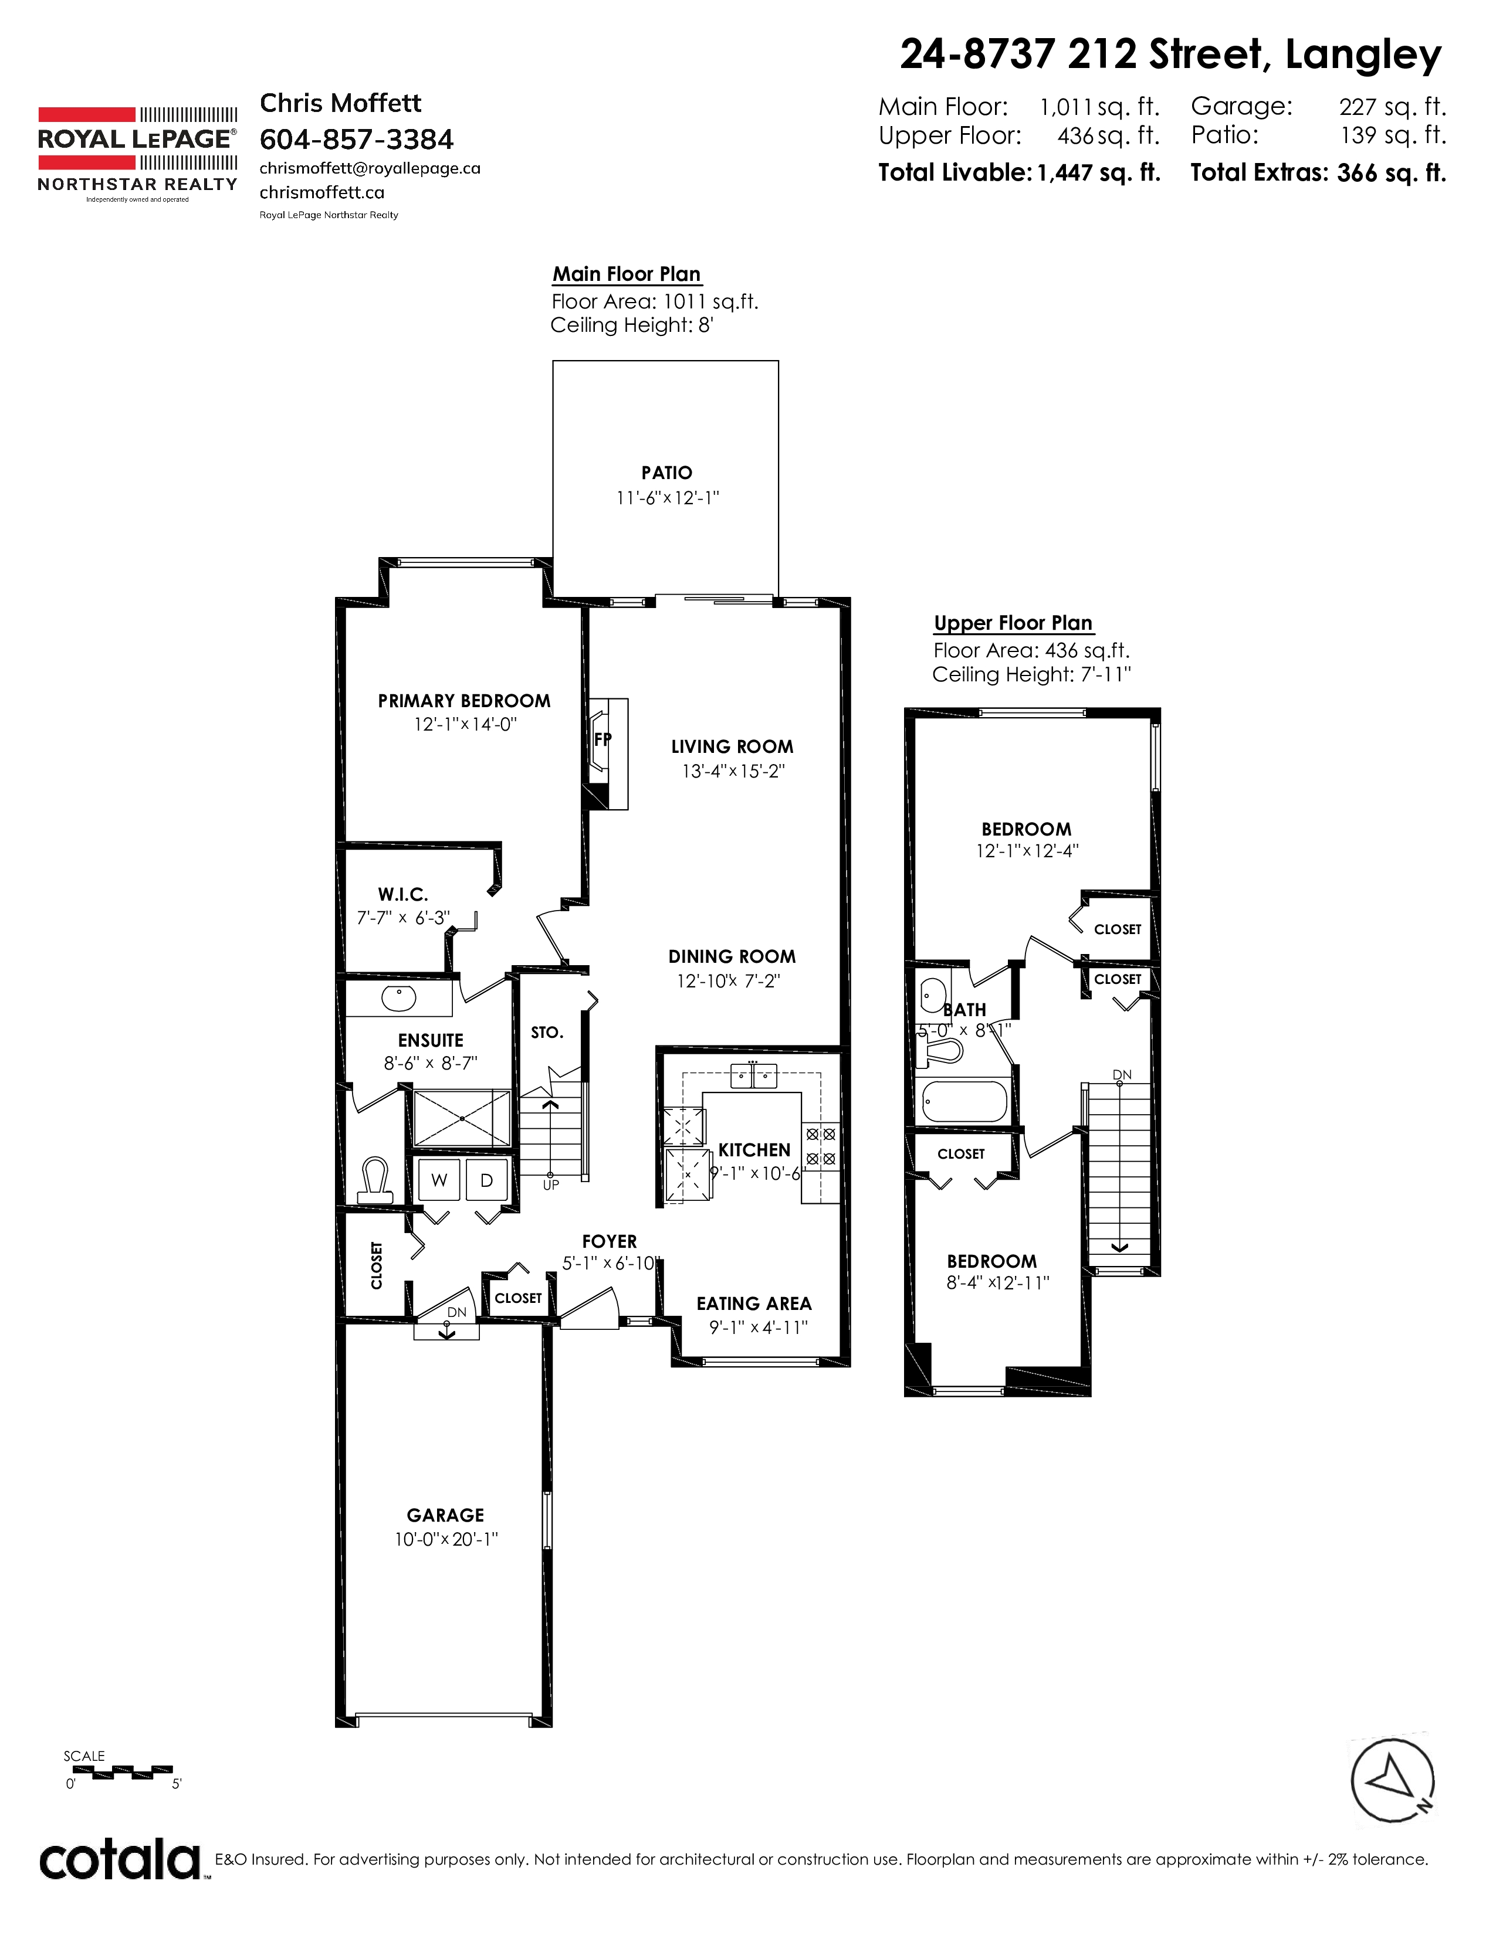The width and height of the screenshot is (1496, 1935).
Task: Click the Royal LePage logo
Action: [x=137, y=155]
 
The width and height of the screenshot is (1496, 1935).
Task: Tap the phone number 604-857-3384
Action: [x=356, y=139]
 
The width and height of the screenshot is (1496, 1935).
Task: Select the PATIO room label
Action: [x=666, y=473]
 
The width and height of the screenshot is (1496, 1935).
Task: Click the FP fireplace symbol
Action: [x=603, y=739]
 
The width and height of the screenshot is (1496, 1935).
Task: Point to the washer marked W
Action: [x=439, y=1180]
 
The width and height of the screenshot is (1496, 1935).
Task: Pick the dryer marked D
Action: [x=486, y=1180]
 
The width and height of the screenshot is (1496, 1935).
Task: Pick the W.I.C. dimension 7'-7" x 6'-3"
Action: [x=403, y=918]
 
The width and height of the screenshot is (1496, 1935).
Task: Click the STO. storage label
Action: [x=547, y=1032]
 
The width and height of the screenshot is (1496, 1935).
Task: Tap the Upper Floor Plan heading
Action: [x=1013, y=623]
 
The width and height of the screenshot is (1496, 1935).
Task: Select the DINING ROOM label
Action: [x=732, y=957]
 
